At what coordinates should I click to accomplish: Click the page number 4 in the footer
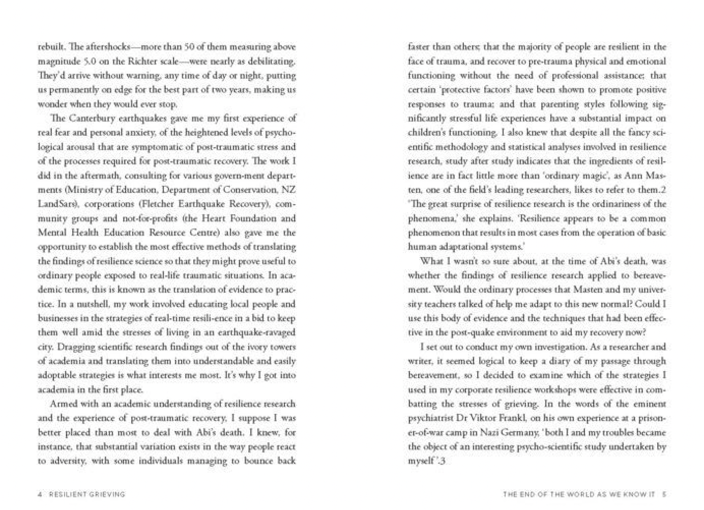click(x=40, y=494)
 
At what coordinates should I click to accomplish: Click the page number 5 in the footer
click(x=664, y=494)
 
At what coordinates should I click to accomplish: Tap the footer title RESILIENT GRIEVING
click(x=87, y=494)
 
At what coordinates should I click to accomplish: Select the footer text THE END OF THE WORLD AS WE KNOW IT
click(x=579, y=494)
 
